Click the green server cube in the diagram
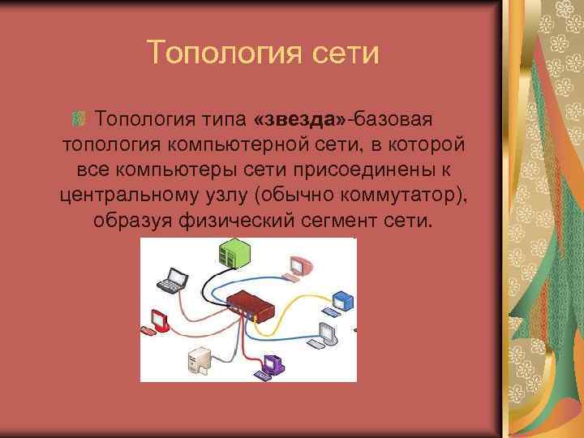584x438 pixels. point(234,252)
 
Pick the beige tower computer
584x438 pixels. point(199,359)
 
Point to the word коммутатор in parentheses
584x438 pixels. point(405,195)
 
